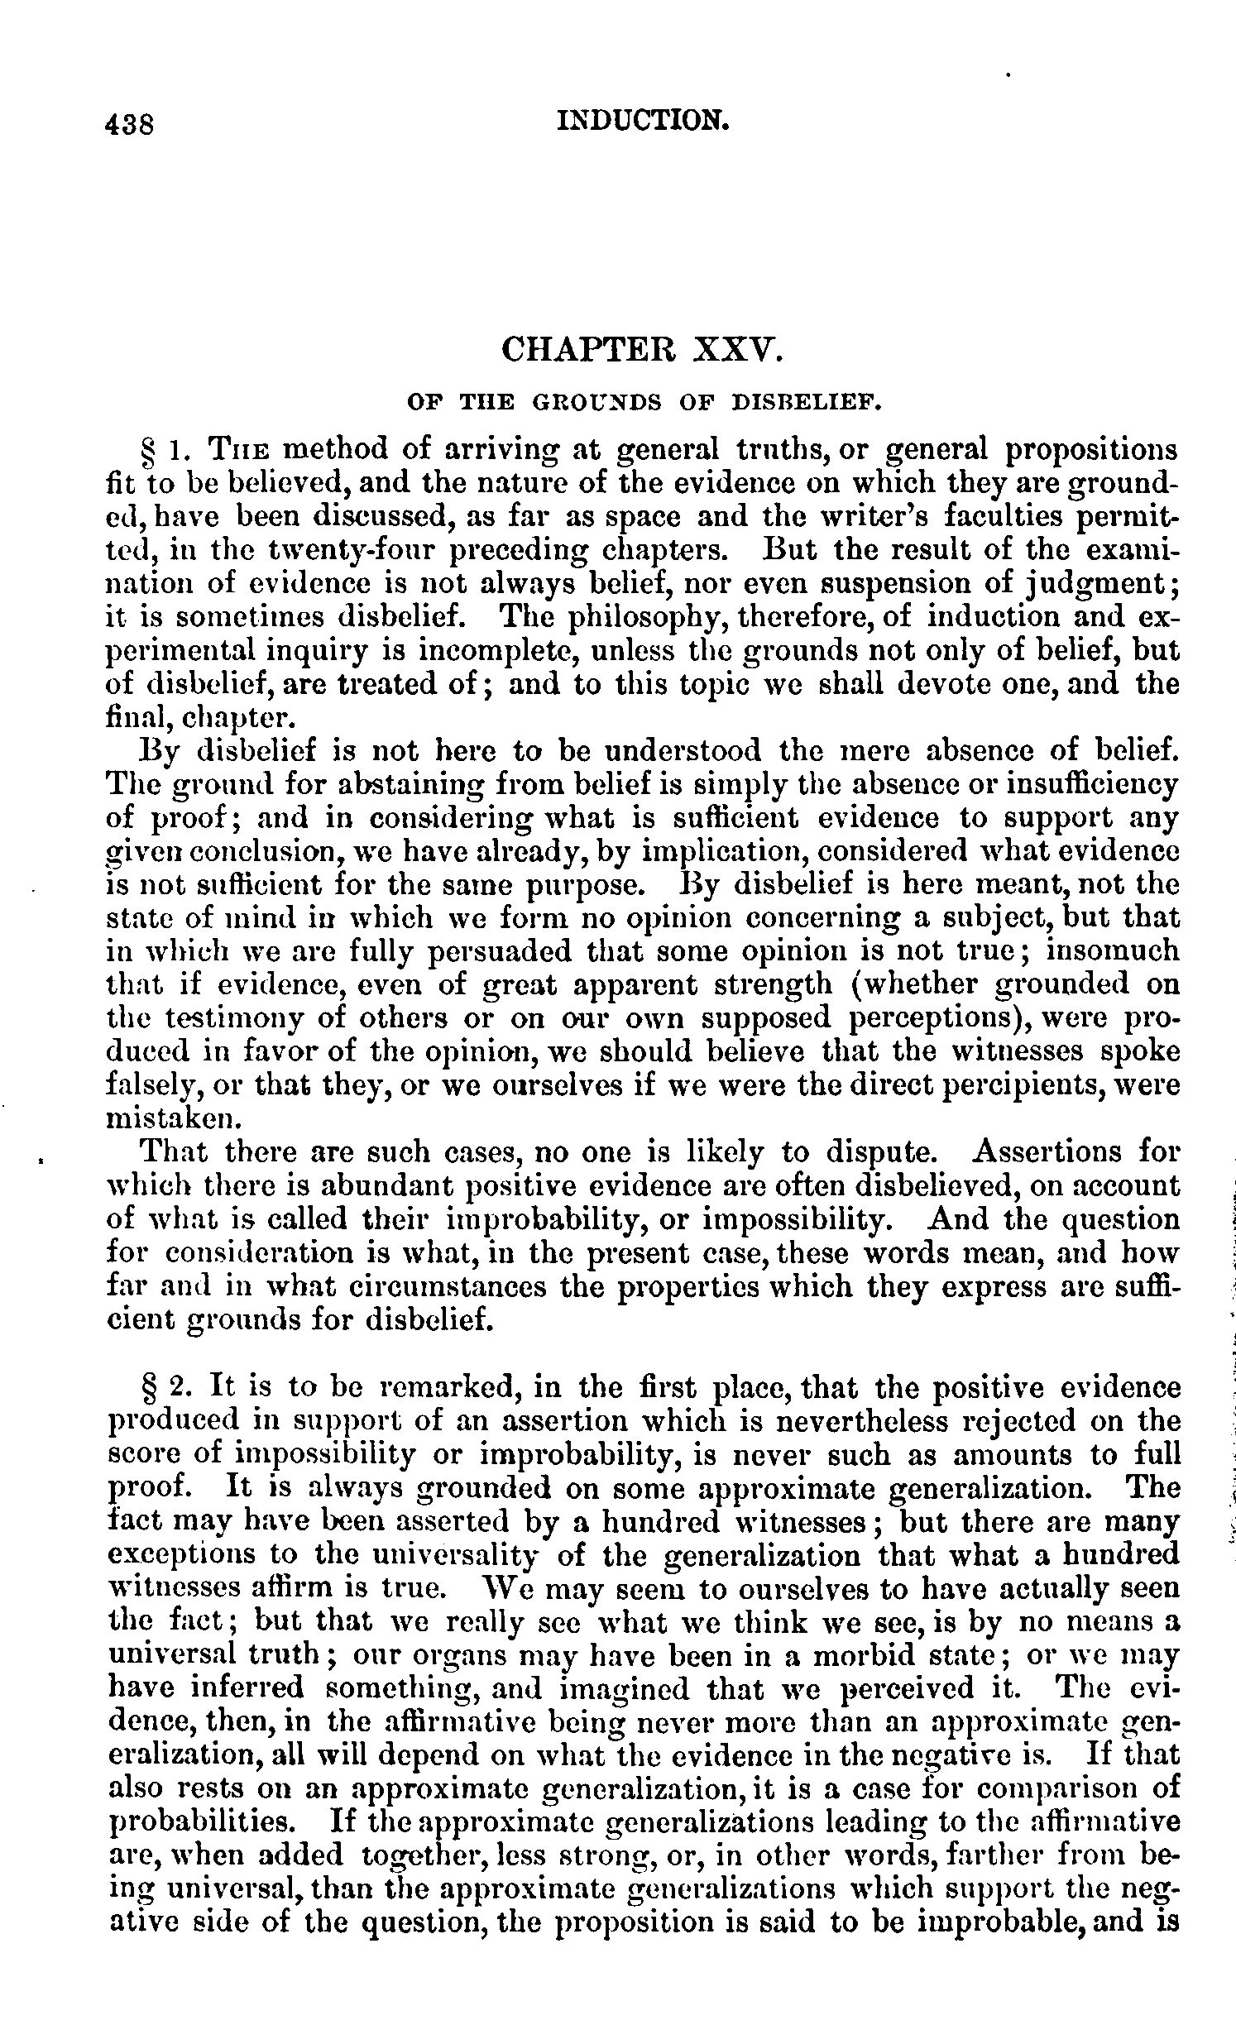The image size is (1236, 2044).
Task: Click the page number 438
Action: [x=130, y=124]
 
